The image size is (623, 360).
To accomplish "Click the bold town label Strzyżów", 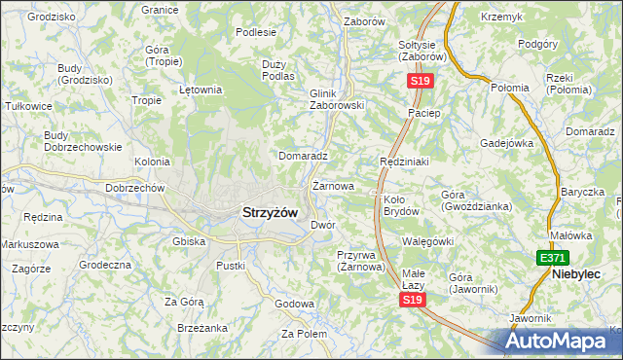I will click(x=270, y=212).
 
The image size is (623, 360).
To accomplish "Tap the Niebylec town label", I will click(x=581, y=274).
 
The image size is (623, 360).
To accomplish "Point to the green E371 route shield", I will click(x=551, y=258).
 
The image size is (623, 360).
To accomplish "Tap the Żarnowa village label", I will click(x=332, y=185).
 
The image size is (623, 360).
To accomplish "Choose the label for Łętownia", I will click(x=202, y=90).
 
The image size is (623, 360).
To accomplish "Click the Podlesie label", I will click(x=257, y=32).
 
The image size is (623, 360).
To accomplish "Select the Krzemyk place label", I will click(x=501, y=18).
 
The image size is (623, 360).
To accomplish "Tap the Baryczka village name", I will click(x=583, y=192).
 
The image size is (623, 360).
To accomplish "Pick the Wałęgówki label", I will click(x=427, y=240).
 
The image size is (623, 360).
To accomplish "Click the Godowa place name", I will click(x=294, y=304).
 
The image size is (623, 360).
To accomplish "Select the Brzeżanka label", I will click(x=202, y=328).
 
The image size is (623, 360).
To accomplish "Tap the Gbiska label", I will click(x=188, y=240).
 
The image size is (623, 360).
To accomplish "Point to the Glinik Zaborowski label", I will click(x=336, y=99).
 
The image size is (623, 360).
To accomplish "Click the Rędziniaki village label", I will click(x=404, y=161).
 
